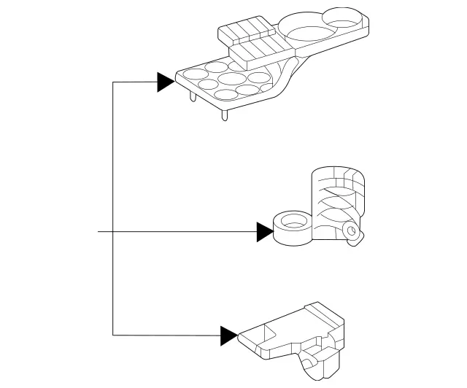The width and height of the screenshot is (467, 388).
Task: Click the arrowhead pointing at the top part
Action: (x=166, y=82)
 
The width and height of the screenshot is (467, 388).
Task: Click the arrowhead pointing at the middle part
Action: (x=265, y=232)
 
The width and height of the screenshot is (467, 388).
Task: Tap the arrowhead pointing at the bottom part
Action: (x=228, y=335)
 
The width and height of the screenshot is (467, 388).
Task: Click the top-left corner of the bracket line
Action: (x=113, y=82)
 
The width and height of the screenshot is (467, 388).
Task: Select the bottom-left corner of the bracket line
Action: (x=113, y=335)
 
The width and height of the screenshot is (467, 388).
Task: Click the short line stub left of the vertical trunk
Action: (x=105, y=232)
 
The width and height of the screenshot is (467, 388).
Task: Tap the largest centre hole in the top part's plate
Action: (x=232, y=79)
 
